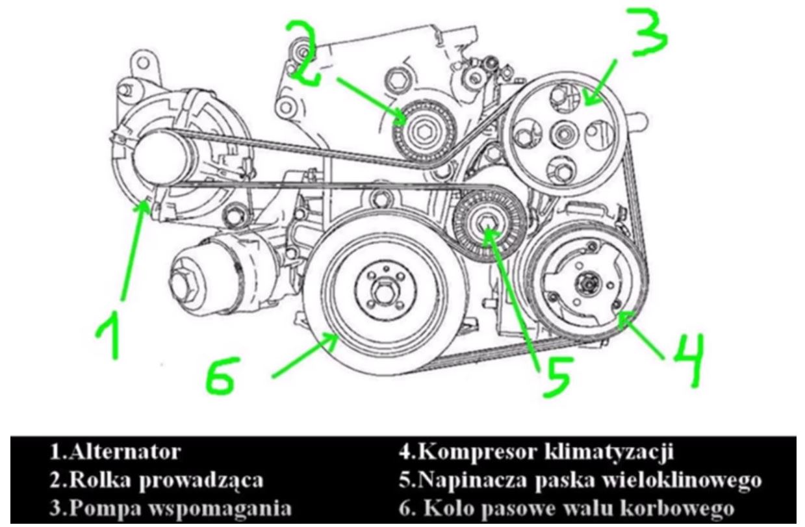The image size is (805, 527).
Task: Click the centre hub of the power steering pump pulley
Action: click(561, 136)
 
